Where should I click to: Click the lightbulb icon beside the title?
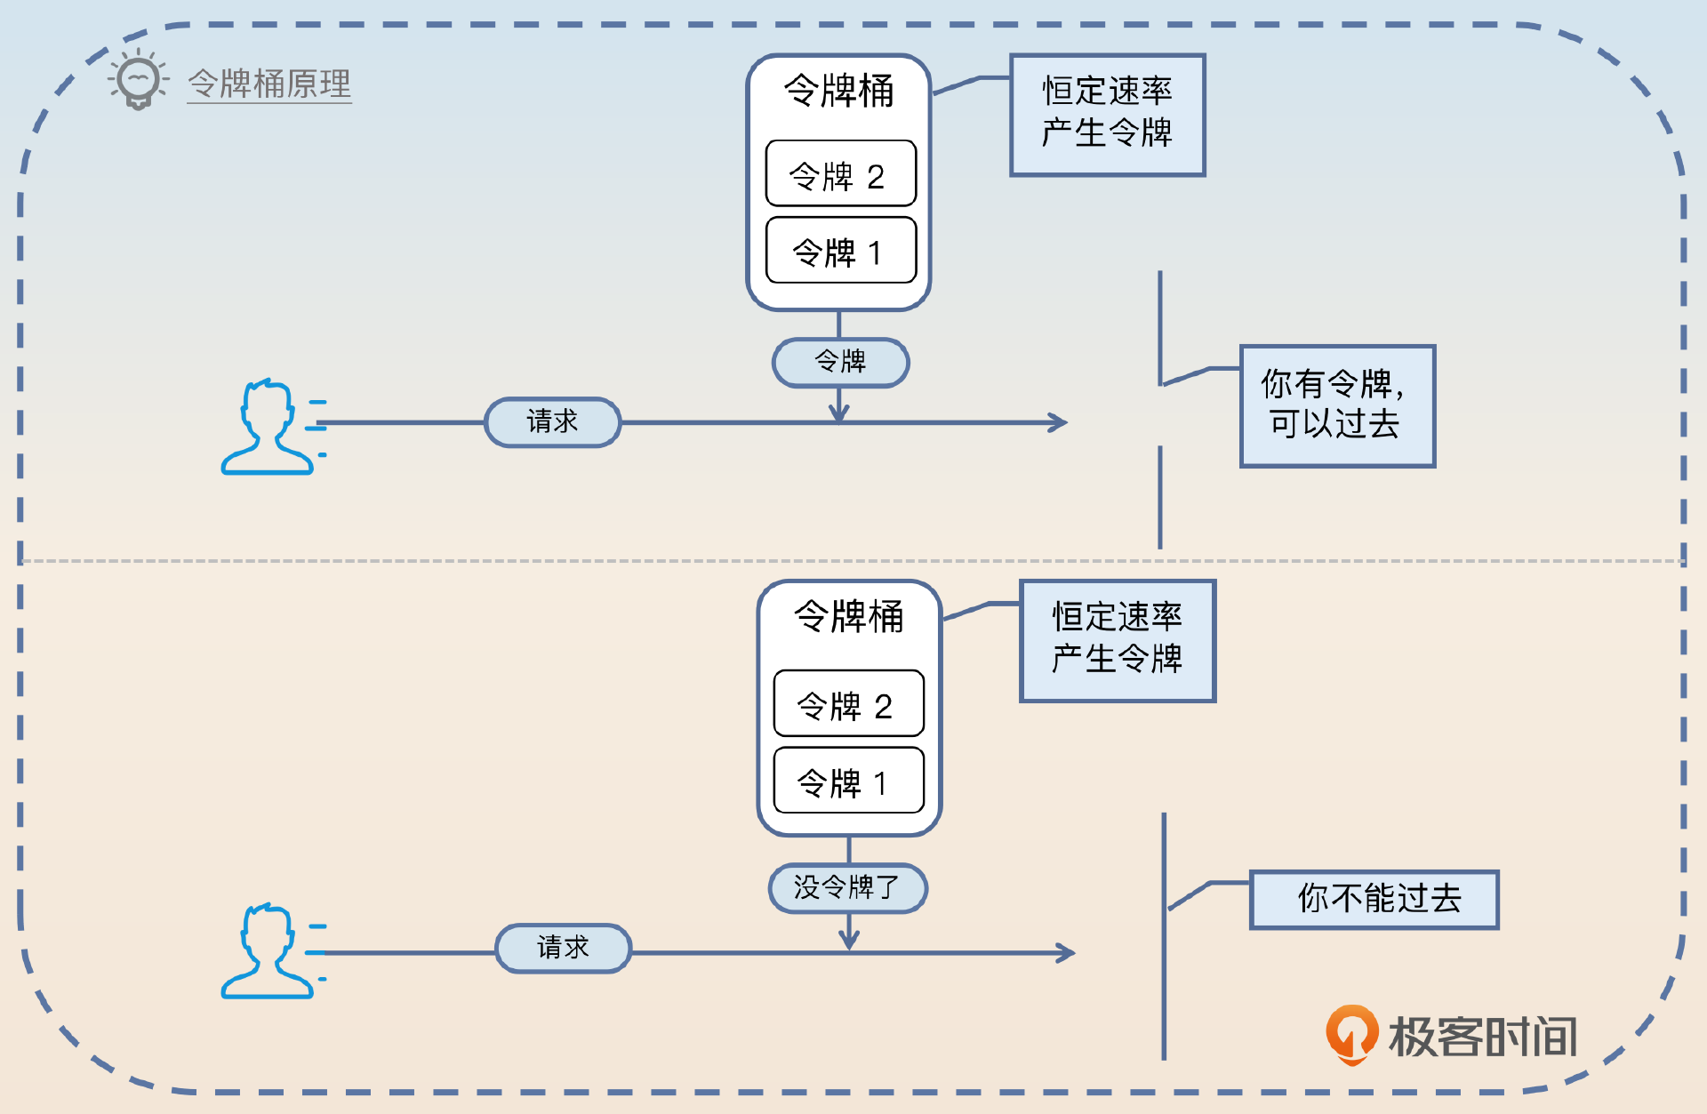click(138, 81)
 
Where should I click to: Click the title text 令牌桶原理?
click(269, 84)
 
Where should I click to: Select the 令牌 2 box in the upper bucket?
click(840, 174)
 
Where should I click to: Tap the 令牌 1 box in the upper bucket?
click(840, 251)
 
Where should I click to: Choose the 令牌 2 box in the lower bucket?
click(848, 704)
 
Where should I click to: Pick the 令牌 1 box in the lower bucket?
click(848, 781)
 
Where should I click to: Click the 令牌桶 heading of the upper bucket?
click(838, 92)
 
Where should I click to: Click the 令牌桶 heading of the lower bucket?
click(848, 617)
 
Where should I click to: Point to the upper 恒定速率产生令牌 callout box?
click(1107, 115)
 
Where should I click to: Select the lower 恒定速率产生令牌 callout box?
click(1117, 641)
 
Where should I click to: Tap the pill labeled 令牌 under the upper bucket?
click(840, 362)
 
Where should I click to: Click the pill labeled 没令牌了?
click(847, 887)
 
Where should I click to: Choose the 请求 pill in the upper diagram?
click(552, 421)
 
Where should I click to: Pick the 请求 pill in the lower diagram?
click(563, 948)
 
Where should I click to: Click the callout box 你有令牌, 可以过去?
click(1337, 405)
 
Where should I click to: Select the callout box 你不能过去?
click(1374, 899)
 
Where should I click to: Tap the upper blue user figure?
click(267, 428)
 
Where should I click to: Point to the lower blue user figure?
click(267, 952)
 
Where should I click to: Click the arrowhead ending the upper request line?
click(1059, 422)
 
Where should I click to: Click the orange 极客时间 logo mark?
click(1351, 1033)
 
